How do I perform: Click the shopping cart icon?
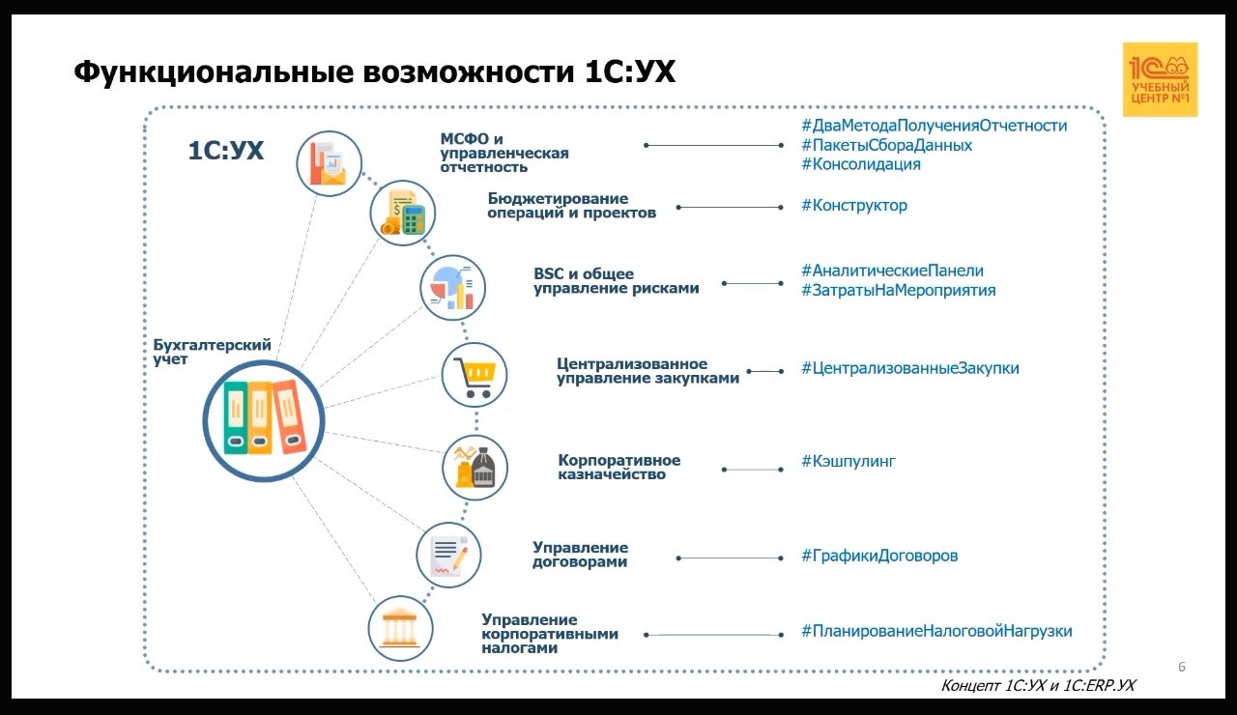tap(475, 375)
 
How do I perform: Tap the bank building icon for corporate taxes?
tap(401, 629)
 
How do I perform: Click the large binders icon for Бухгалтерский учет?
tap(264, 418)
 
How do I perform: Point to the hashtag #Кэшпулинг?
tap(848, 461)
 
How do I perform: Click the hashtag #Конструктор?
tap(853, 205)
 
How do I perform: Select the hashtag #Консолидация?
tap(860, 164)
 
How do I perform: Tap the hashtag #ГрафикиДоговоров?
tap(878, 556)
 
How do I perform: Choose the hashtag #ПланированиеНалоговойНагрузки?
tap(935, 631)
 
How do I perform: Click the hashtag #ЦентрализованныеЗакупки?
tap(909, 368)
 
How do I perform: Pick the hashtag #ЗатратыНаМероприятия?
tap(898, 290)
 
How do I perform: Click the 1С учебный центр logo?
tap(1160, 79)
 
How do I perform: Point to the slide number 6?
tap(1182, 667)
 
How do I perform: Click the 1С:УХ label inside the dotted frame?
tap(225, 151)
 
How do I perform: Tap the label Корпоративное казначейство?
tap(618, 467)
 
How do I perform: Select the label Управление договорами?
tap(580, 555)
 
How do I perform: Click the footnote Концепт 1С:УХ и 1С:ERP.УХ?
tap(1038, 685)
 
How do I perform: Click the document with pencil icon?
tap(448, 556)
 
